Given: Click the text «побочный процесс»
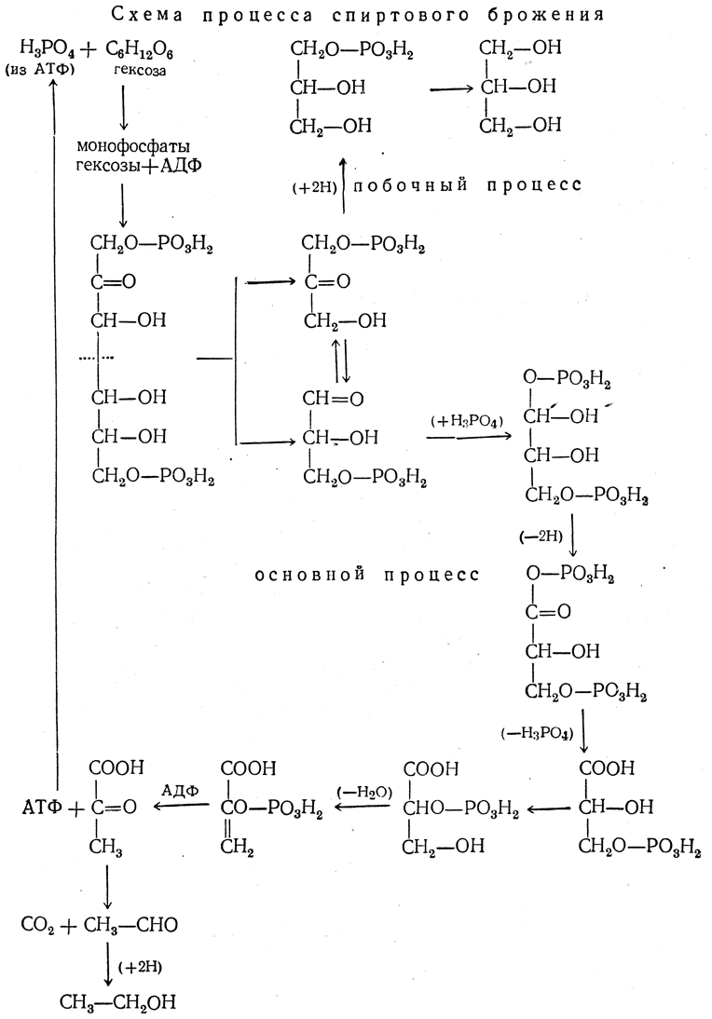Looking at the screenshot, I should pos(467,185).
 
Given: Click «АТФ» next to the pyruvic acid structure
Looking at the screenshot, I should pos(40,806).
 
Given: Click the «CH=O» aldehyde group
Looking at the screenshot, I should pos(325,399).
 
